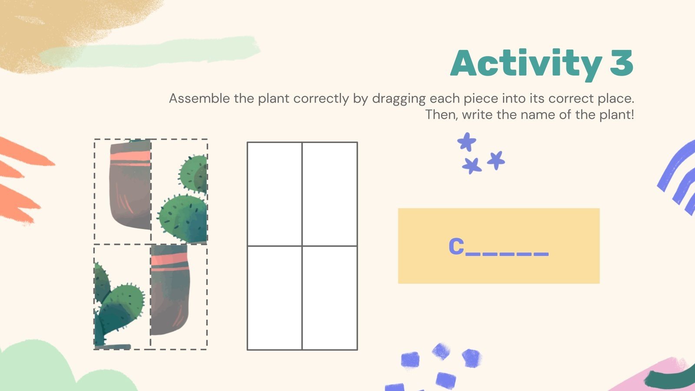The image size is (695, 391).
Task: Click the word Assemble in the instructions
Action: [x=199, y=99]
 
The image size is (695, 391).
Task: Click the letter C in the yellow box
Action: [x=456, y=246]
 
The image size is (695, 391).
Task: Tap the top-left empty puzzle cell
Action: [x=275, y=194]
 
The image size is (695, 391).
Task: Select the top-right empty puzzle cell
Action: [x=330, y=194]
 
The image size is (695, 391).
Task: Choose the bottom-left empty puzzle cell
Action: [x=275, y=298]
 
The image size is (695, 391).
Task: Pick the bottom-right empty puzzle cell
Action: [x=330, y=298]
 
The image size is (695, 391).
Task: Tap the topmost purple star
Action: [x=467, y=142]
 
